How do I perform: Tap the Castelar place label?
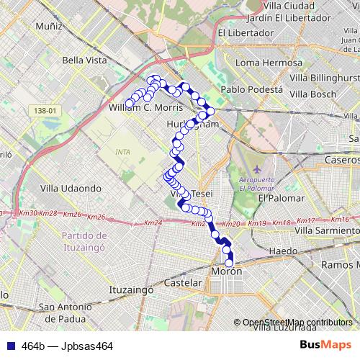[x=183, y=283]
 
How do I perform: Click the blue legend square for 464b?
[x=8, y=346]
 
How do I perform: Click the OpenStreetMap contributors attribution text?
[x=296, y=323]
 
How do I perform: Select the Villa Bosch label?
[x=314, y=94]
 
